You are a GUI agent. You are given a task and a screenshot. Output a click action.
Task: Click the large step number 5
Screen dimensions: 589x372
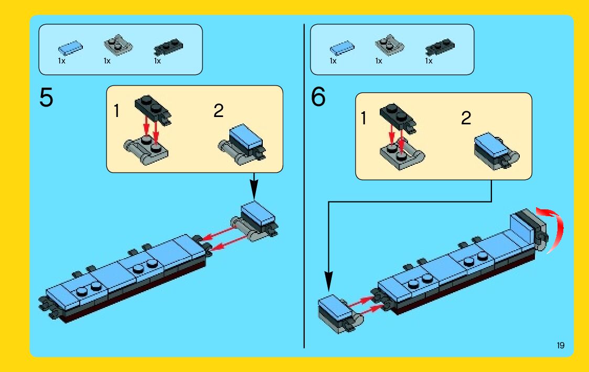(46, 98)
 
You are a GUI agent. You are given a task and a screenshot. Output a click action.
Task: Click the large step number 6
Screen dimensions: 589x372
(318, 97)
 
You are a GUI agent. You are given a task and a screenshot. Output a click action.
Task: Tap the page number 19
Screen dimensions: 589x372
(561, 345)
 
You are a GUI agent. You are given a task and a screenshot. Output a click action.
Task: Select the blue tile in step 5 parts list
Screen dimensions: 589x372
(70, 48)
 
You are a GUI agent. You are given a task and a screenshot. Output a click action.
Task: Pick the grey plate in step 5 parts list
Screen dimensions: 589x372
(118, 46)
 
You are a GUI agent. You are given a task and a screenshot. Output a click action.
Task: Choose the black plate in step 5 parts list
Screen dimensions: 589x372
(168, 47)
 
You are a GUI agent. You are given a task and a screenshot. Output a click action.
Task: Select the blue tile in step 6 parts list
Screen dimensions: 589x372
(342, 48)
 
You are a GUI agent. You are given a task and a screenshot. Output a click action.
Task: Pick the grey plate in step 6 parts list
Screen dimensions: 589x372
(390, 46)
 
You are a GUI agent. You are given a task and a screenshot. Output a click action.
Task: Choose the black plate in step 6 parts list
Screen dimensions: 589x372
(440, 47)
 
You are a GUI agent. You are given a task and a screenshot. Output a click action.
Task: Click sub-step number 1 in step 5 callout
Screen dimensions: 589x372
(116, 111)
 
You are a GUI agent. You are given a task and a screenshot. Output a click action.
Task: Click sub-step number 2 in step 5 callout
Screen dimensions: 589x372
(218, 111)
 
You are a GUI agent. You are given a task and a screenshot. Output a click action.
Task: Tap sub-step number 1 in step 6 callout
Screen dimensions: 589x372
(363, 118)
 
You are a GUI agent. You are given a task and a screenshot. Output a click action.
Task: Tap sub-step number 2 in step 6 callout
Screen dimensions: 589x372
(466, 118)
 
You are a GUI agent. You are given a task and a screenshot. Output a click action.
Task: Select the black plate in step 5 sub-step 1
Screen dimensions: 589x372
(153, 109)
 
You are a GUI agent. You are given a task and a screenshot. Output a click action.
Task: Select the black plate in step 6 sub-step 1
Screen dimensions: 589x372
(398, 118)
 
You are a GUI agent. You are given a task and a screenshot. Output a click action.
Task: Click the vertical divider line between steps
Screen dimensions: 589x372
(304, 186)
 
